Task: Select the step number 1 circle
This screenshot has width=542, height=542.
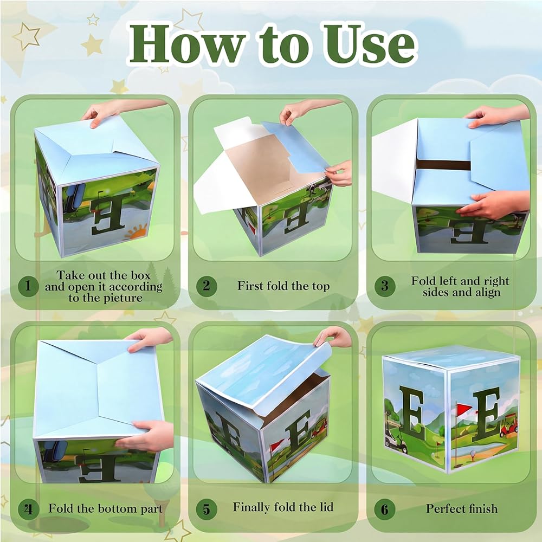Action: click(x=28, y=286)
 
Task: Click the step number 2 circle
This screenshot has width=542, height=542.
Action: click(x=207, y=286)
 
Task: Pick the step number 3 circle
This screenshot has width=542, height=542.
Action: click(x=385, y=286)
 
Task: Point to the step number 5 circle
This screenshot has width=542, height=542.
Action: click(x=207, y=509)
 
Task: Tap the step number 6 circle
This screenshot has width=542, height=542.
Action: click(x=385, y=509)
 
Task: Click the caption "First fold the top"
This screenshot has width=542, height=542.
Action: click(x=283, y=286)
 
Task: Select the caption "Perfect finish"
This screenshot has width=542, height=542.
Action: click(x=462, y=508)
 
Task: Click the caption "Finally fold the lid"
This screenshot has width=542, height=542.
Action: click(x=283, y=507)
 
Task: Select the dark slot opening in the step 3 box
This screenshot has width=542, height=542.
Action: click(x=444, y=165)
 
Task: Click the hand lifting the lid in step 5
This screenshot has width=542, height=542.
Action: click(x=333, y=337)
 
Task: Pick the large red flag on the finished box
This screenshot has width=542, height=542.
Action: click(x=463, y=409)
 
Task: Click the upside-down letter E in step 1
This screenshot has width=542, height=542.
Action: click(x=107, y=215)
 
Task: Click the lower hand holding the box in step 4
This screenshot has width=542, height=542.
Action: click(x=147, y=436)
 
